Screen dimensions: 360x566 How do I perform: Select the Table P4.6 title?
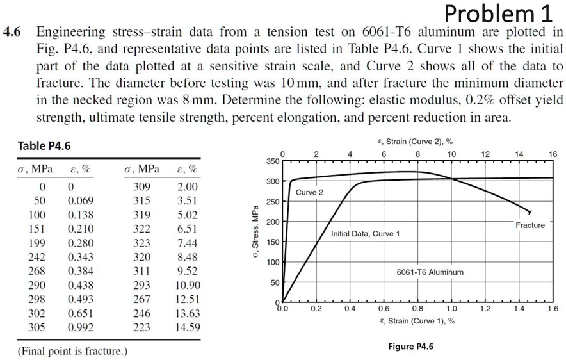[44, 146]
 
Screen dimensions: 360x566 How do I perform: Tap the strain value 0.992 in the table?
[80, 327]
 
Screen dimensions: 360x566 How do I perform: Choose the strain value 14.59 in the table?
[187, 327]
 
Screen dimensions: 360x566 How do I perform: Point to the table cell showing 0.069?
[80, 200]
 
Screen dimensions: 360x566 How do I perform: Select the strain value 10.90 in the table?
[187, 285]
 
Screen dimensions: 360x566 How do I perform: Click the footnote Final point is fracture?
[72, 351]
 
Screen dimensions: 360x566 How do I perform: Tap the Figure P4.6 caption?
[410, 347]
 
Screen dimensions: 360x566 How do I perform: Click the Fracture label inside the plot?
[530, 225]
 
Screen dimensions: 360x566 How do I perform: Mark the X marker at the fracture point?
[529, 211]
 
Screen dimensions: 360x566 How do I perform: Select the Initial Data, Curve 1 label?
[365, 234]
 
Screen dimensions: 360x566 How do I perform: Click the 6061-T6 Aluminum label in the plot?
[430, 272]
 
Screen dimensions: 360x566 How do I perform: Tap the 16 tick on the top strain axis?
[553, 154]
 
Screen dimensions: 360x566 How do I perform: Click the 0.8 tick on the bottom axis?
[417, 309]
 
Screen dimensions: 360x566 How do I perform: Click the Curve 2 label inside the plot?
[309, 192]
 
